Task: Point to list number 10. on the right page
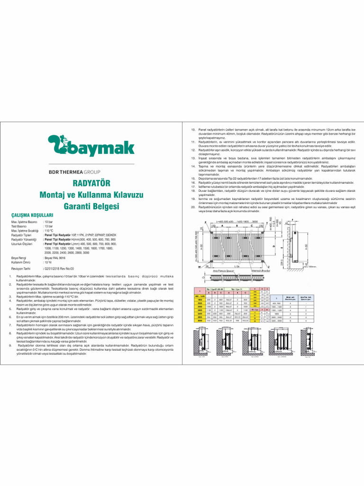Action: point(193,129)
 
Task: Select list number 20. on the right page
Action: point(193,207)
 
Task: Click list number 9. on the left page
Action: point(10,346)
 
